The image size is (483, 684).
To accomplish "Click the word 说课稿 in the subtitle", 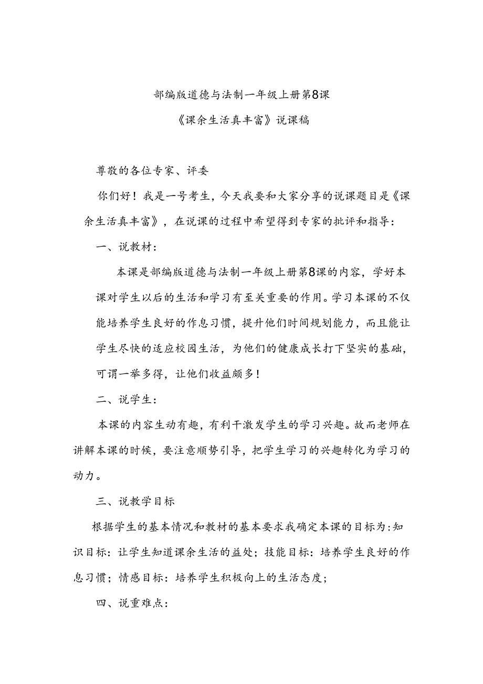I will (x=291, y=120).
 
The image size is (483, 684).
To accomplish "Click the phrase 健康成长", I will (x=305, y=349).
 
